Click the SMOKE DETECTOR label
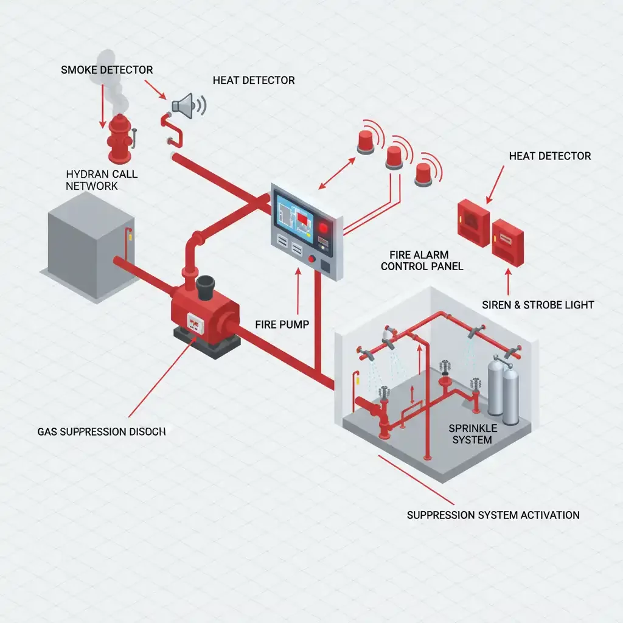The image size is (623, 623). (x=106, y=70)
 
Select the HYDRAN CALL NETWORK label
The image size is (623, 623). (x=102, y=180)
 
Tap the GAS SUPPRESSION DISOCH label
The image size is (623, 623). (x=101, y=431)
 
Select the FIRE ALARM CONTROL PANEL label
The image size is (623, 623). (x=425, y=260)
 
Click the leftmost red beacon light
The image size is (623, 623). (x=366, y=142)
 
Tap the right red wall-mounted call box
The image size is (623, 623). (x=507, y=242)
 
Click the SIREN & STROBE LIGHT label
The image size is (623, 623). (x=537, y=305)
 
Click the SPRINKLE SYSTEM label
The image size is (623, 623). (x=472, y=434)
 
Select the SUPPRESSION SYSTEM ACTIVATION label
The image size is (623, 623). (x=493, y=515)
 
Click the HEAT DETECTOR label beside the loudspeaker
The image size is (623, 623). (x=254, y=80)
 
